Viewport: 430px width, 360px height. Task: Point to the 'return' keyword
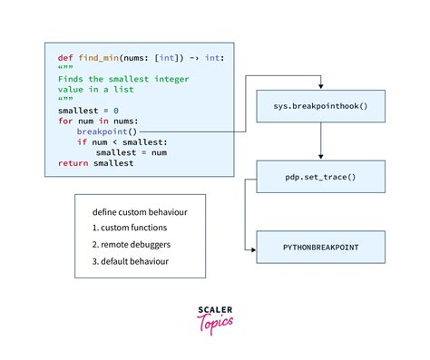pyautogui.click(x=73, y=163)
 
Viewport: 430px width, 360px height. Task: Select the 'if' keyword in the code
pyautogui.click(x=81, y=141)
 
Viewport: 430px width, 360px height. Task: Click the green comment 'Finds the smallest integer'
pyautogui.click(x=113, y=78)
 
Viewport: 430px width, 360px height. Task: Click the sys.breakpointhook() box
pyautogui.click(x=321, y=108)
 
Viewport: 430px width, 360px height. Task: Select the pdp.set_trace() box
pyautogui.click(x=321, y=176)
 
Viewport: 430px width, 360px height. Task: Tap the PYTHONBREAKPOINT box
pyautogui.click(x=321, y=245)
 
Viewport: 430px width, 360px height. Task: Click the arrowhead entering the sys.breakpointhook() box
pyautogui.click(x=321, y=87)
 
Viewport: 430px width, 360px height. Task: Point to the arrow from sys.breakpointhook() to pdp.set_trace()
pyautogui.click(x=321, y=141)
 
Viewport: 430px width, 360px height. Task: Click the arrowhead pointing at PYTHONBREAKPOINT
pyautogui.click(x=255, y=245)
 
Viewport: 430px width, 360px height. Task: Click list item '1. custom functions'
pyautogui.click(x=132, y=229)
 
